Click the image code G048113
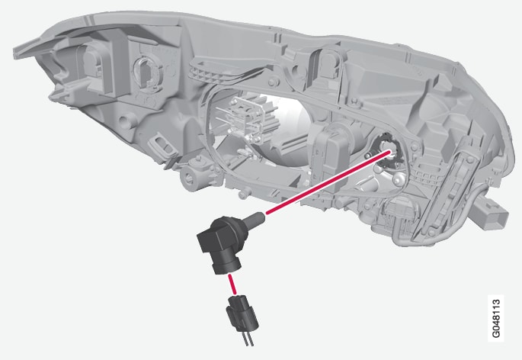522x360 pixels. (x=495, y=318)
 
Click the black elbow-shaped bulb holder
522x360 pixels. (x=219, y=243)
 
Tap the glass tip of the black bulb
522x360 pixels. (x=257, y=217)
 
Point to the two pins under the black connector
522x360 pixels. (x=247, y=339)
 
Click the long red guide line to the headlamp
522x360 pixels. (x=328, y=182)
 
